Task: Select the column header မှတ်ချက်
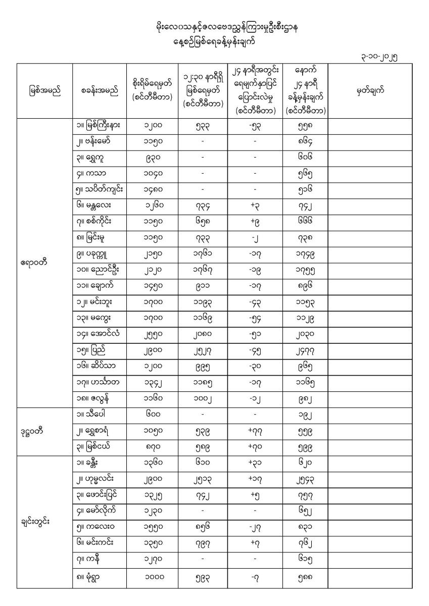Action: click(370, 90)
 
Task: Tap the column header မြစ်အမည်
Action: click(44, 91)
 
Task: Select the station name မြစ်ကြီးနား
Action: click(103, 125)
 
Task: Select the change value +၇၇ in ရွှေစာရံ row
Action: click(255, 432)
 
